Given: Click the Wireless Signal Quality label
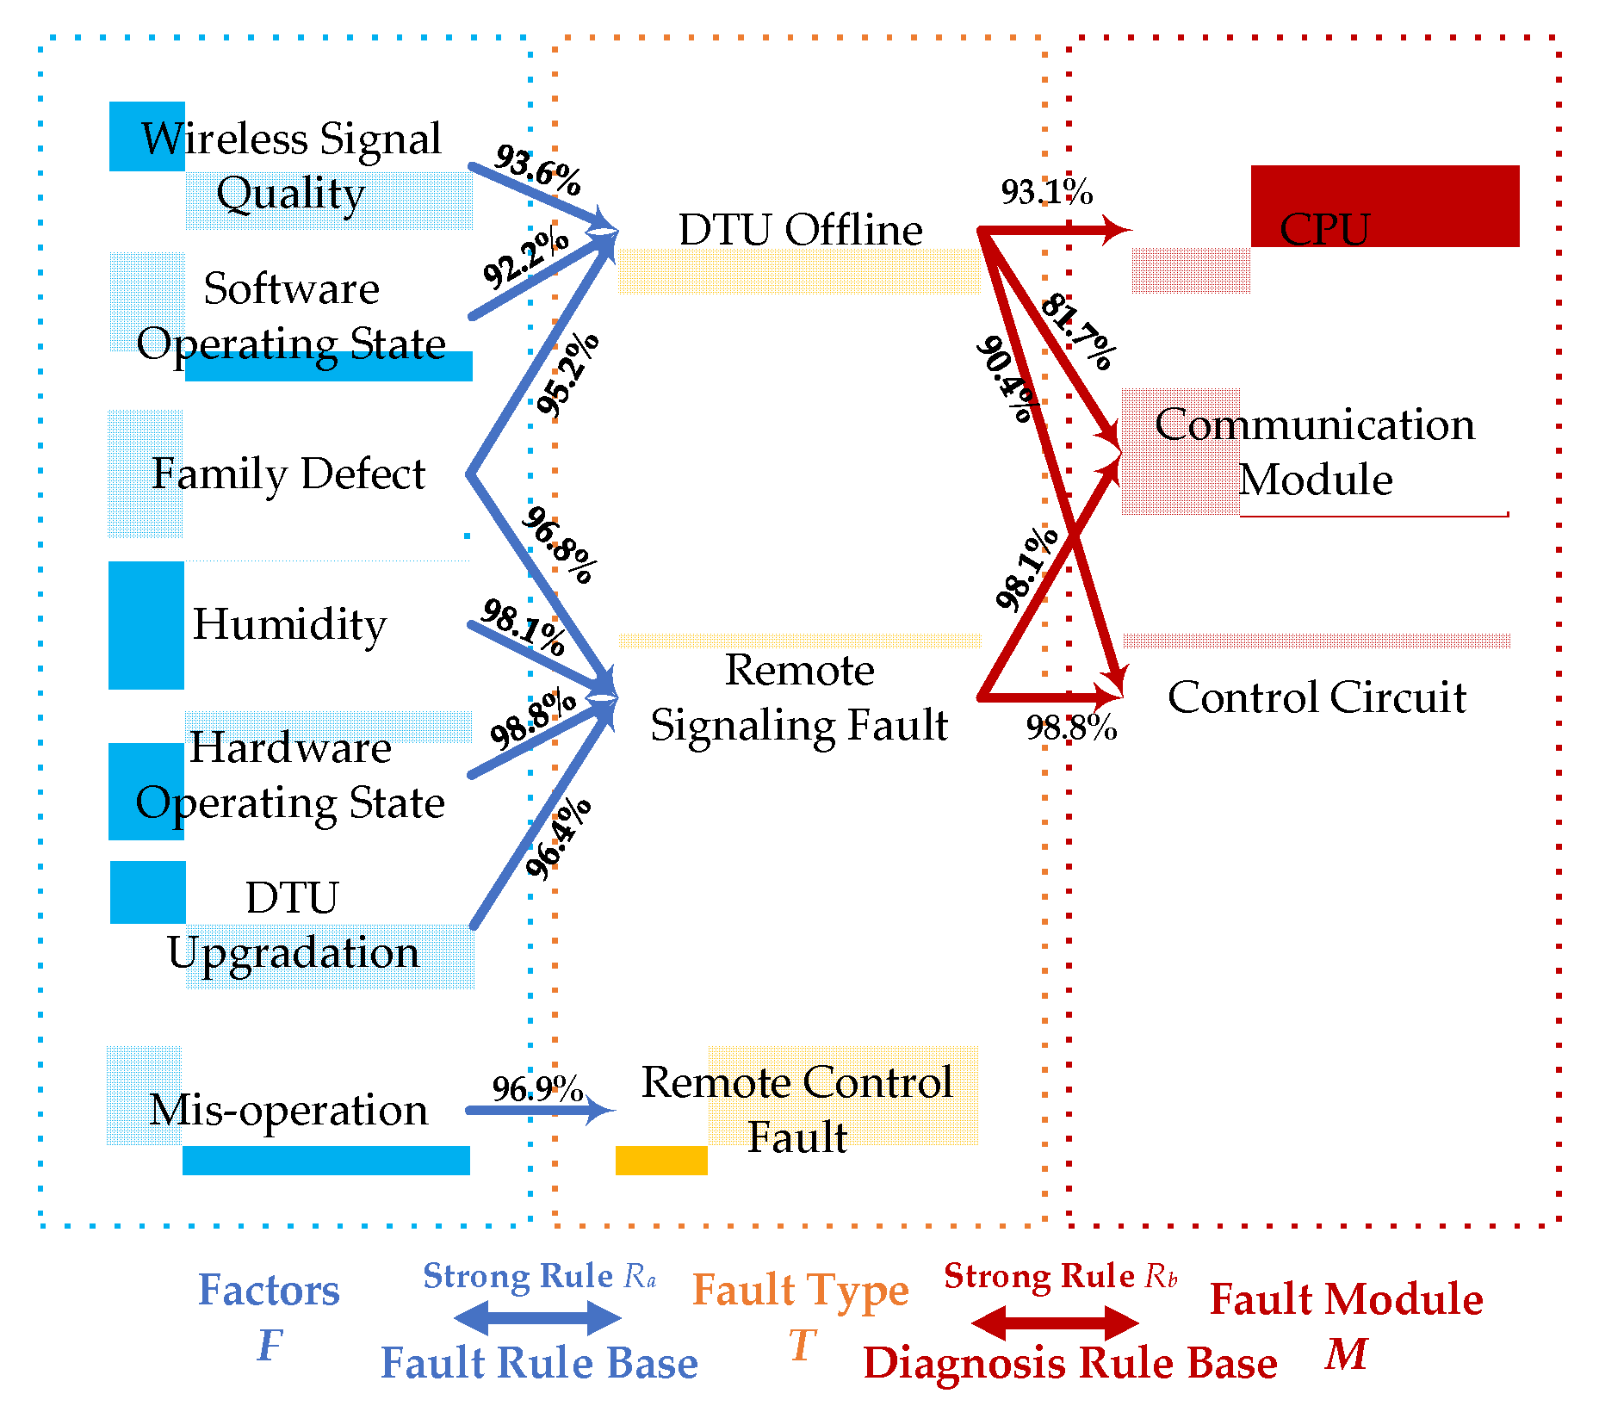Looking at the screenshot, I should coord(291,165).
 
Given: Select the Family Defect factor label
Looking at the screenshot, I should coord(288,474).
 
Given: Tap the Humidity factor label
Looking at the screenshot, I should coord(289,624).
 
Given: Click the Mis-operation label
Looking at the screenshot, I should coord(288,1110).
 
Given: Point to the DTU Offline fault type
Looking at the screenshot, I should coord(800,230).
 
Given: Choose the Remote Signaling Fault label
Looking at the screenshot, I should coord(799,697).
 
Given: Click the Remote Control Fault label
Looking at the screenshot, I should coord(797,1109).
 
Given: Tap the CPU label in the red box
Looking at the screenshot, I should coord(1324,229).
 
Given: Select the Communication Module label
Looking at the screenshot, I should coord(1315,452).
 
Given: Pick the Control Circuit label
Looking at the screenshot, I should coord(1317,697).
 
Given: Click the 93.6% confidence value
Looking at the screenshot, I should coord(538,170).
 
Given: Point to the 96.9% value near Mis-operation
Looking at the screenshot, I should coord(537,1088).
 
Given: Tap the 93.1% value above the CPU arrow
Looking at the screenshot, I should coord(1046,192).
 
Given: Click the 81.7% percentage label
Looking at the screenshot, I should coord(1079,332).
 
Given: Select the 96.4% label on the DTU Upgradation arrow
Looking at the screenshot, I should coord(558,839).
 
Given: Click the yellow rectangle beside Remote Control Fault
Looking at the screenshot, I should coord(661,1160).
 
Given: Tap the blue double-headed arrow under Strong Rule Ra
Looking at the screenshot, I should coord(537,1317).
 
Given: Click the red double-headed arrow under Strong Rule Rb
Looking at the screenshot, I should coord(1055,1322).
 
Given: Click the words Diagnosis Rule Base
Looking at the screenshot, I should coord(1070,1363).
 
